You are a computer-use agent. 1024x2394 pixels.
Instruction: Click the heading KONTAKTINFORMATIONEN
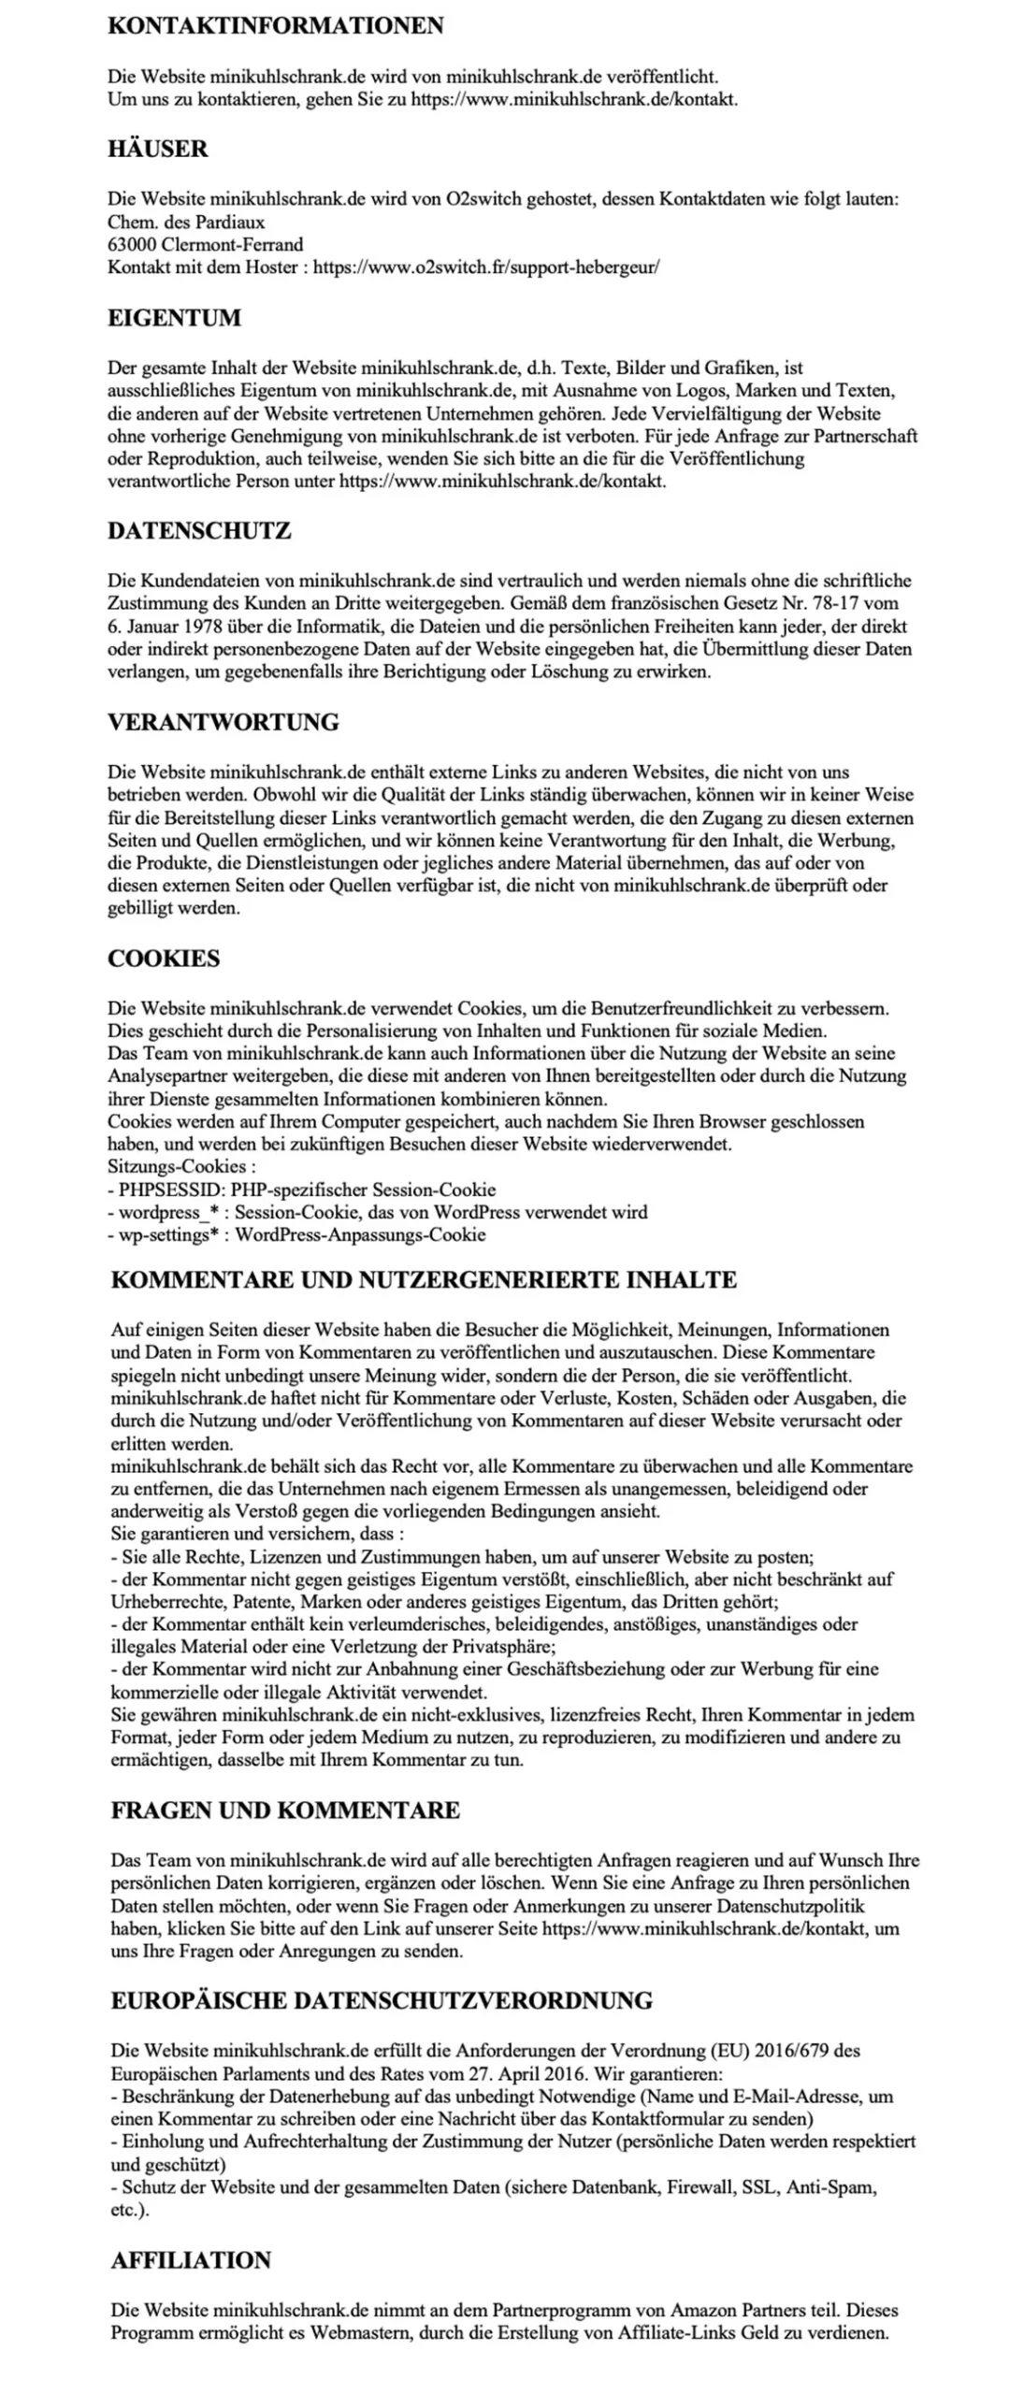(x=275, y=26)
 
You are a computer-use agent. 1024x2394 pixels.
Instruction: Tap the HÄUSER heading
(x=157, y=149)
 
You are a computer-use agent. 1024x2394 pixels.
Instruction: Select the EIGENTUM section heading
(x=174, y=318)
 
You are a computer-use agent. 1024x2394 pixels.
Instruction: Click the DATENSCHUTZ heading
(x=199, y=530)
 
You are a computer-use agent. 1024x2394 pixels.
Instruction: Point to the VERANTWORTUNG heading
(x=223, y=722)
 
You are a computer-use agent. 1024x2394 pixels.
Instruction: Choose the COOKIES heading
(x=164, y=959)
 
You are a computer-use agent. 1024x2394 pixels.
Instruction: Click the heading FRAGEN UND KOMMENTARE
(x=285, y=1810)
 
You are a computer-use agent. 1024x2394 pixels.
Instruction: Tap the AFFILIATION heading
(x=191, y=2259)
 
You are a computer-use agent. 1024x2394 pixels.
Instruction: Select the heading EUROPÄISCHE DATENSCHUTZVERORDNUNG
(x=382, y=2000)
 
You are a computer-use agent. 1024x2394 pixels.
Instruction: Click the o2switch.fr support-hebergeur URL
(x=486, y=267)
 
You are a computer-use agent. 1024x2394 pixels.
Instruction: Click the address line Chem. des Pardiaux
(x=186, y=223)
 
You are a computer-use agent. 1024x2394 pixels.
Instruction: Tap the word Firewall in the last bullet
(x=699, y=2187)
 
